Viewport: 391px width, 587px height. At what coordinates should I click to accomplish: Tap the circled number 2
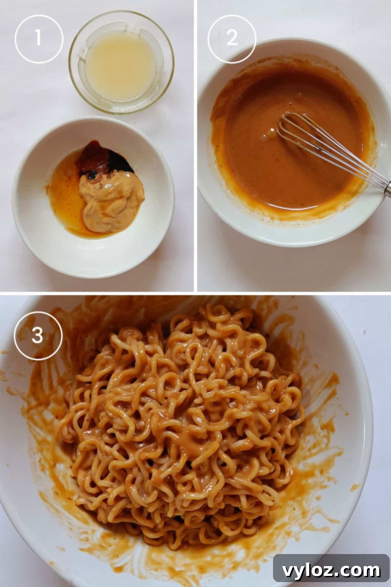coord(232,38)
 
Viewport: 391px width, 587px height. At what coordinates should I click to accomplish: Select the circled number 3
coord(38,335)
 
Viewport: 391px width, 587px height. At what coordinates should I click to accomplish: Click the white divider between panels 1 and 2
coord(195,147)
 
